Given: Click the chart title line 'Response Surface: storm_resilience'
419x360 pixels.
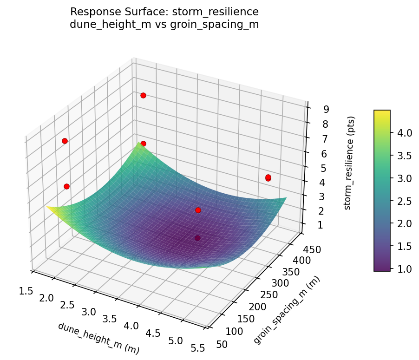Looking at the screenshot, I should [164, 12].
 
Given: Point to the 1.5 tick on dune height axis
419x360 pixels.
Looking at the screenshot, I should [26, 291].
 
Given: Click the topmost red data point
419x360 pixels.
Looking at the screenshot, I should [143, 95].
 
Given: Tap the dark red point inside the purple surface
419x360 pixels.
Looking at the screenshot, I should [198, 238].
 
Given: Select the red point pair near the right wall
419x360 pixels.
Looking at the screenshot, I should [268, 178].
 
